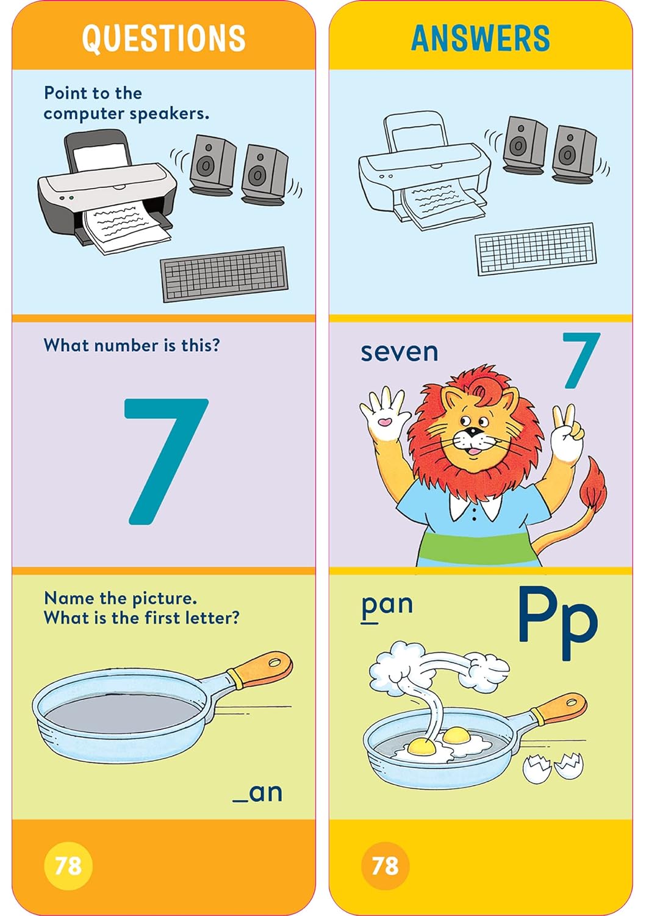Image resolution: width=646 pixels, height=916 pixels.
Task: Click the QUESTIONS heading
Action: (x=163, y=38)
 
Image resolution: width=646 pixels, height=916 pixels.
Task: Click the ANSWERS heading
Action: (x=480, y=38)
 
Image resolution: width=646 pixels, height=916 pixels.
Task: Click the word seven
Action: (x=399, y=352)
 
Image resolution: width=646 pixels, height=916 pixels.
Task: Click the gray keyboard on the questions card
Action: (x=224, y=274)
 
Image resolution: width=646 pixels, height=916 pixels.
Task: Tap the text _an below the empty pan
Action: (x=257, y=793)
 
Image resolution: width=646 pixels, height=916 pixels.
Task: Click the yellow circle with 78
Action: (x=68, y=865)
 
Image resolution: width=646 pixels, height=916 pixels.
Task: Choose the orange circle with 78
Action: (x=385, y=865)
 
